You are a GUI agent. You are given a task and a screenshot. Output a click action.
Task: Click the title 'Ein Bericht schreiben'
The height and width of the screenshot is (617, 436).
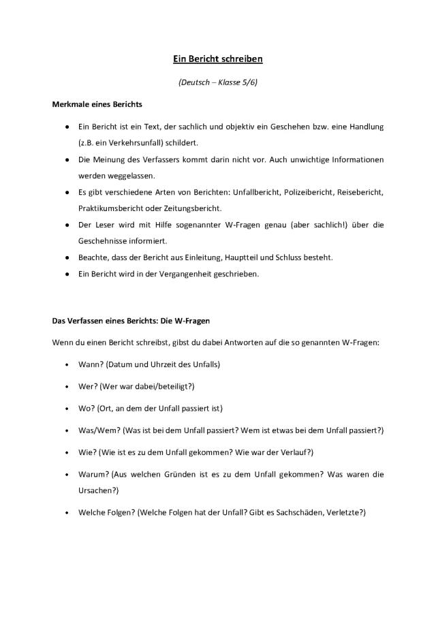click(x=217, y=59)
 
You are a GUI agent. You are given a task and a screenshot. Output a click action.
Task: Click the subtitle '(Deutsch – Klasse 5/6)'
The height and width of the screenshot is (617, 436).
click(x=217, y=83)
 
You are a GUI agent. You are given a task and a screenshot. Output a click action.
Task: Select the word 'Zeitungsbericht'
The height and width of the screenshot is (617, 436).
click(x=197, y=208)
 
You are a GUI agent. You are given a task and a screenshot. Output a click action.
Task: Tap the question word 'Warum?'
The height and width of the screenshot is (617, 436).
click(x=93, y=474)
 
